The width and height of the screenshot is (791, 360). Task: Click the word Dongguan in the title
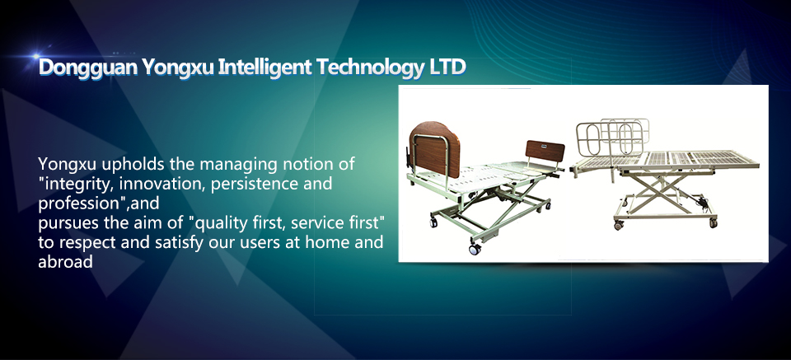point(88,68)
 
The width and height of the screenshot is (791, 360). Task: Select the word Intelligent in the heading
point(264,68)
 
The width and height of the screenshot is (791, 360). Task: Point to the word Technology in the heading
point(370,68)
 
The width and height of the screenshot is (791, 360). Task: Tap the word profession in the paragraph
point(77,204)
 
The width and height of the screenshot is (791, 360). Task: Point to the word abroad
point(66,262)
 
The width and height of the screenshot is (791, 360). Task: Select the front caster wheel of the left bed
point(475,249)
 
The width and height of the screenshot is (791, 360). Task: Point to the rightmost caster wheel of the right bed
point(713,222)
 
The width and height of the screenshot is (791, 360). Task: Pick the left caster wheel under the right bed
point(619,225)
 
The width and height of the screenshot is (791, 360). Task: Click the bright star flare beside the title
point(35,55)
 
